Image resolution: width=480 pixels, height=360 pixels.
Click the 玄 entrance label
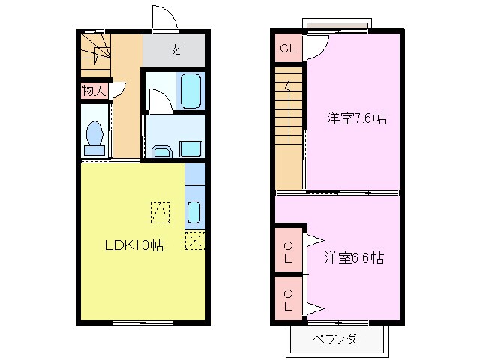pos(175,51)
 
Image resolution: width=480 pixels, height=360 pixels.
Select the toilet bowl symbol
pos(94,136)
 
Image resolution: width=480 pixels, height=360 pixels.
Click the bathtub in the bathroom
pos(191,91)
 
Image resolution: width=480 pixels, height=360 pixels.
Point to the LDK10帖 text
pos(134,244)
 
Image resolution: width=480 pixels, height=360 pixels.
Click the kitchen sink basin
pos(193,214)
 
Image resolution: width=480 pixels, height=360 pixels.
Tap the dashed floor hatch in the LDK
pos(159,213)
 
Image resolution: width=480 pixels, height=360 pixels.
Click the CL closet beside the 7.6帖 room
pos(289,49)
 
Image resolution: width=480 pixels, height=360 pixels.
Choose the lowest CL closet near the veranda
pos(289,299)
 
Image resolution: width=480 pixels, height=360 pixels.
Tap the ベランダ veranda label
pos(334,339)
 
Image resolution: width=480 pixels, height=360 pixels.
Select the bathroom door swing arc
pos(157,99)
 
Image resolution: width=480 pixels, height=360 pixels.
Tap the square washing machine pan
pos(190,148)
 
